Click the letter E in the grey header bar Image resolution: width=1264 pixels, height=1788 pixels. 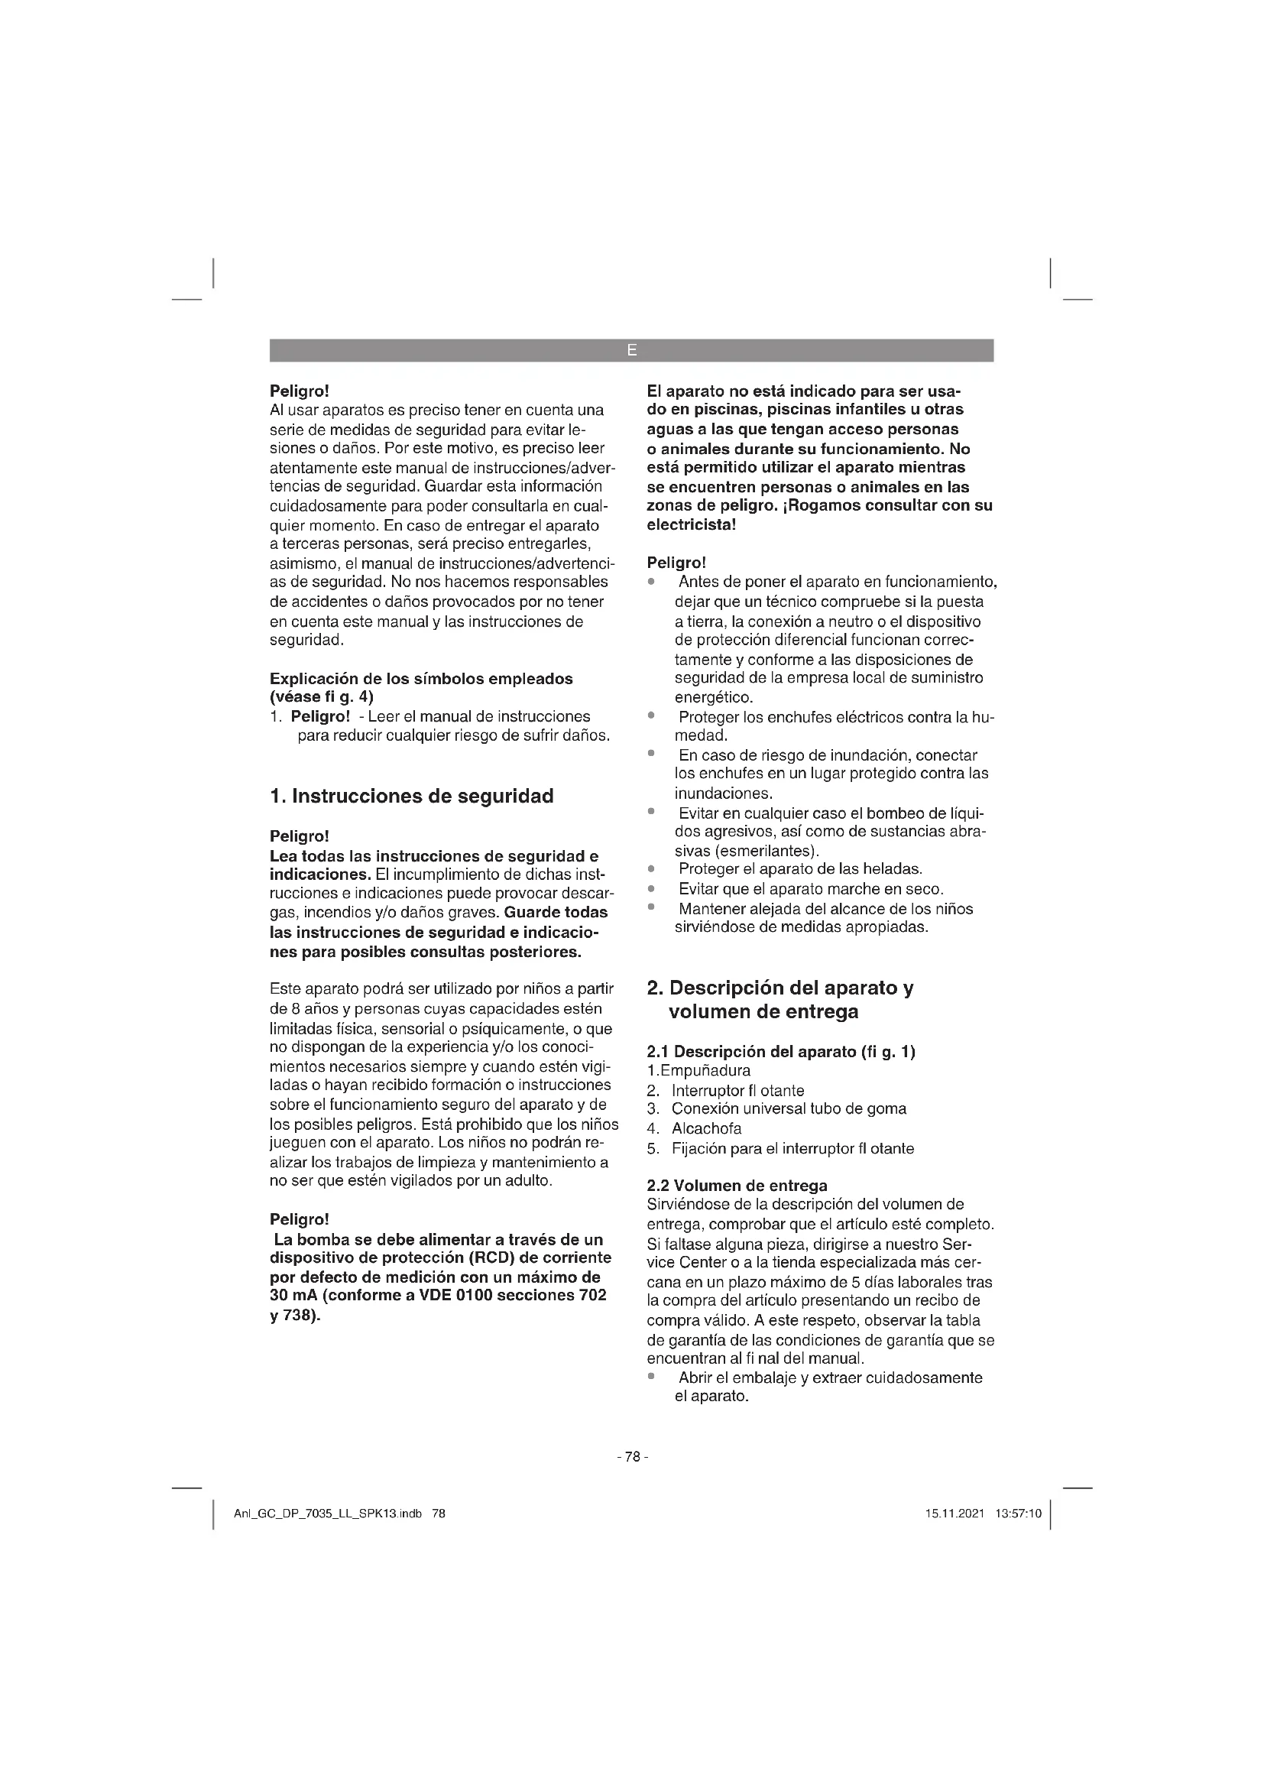[x=631, y=350]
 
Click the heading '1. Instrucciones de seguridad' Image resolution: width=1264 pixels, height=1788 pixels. [x=412, y=796]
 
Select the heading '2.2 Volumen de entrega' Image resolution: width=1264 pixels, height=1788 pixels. [x=737, y=1186]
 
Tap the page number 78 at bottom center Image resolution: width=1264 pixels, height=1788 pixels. [x=632, y=1456]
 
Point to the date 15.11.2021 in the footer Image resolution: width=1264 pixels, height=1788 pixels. [x=954, y=1514]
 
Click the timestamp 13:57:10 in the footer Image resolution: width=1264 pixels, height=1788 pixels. [x=1018, y=1514]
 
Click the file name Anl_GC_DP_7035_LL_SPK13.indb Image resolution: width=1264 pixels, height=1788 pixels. [x=328, y=1514]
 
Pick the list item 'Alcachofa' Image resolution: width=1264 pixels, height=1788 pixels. [x=707, y=1128]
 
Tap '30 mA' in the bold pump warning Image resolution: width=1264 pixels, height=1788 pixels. [x=290, y=1296]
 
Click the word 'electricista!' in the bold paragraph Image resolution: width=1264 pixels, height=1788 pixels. [x=691, y=524]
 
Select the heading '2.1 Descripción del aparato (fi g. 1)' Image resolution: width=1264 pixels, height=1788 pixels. [x=782, y=1051]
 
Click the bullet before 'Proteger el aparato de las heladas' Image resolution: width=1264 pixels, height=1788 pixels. [x=651, y=868]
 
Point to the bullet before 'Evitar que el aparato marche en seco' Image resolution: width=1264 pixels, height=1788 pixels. [x=651, y=888]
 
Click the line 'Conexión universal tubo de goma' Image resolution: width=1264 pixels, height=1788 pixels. [x=789, y=1109]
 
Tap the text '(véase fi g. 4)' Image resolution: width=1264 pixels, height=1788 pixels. [x=322, y=696]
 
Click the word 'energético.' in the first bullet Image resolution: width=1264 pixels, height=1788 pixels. [x=714, y=697]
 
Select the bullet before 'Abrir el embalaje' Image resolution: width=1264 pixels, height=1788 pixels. [x=651, y=1377]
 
